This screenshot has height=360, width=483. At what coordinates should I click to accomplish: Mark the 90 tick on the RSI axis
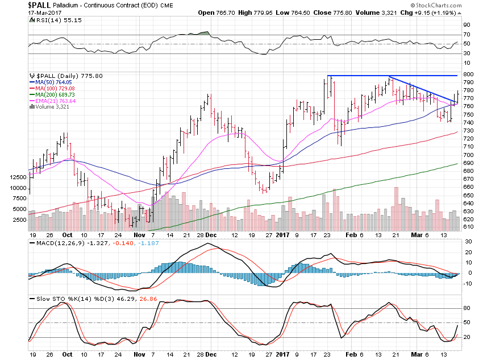[466, 25]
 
